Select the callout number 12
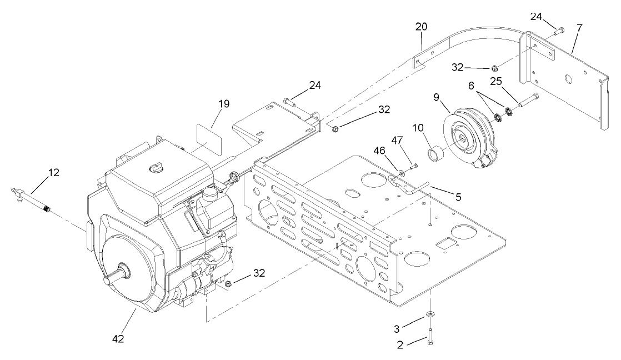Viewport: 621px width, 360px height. (53, 173)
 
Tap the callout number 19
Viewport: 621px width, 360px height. (223, 103)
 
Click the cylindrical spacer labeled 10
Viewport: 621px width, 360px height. (435, 152)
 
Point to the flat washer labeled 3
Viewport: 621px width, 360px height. (430, 315)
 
